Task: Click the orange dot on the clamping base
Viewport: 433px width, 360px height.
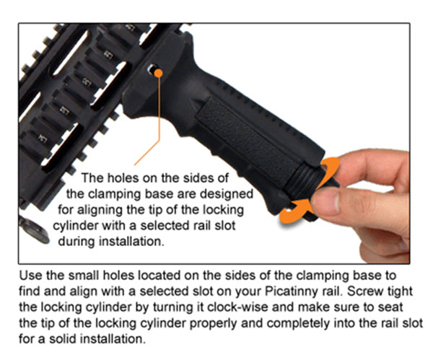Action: click(158, 73)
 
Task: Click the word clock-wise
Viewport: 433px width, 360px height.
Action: click(237, 307)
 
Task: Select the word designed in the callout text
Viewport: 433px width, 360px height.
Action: click(227, 194)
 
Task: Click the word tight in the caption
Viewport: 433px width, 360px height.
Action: click(400, 291)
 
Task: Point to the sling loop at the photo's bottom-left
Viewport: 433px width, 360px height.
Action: click(34, 230)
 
